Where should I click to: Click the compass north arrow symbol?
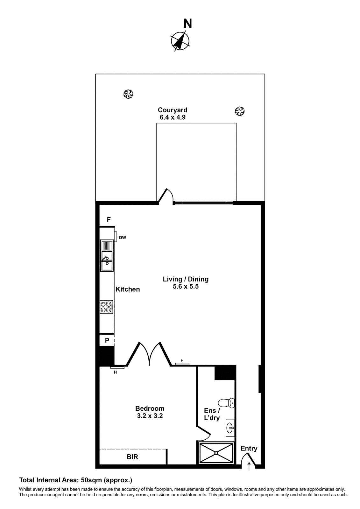pos(180,41)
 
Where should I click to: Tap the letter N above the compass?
pos(188,24)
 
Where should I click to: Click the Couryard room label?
pos(173,110)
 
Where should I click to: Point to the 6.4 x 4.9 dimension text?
pos(173,117)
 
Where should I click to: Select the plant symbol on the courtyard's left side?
pos(128,94)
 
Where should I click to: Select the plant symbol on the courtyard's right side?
pos(240,111)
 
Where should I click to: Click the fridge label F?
pos(109,220)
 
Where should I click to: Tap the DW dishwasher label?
pos(123,238)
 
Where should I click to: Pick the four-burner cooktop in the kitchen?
pos(107,307)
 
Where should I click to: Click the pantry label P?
pos(107,340)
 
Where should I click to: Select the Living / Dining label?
pos(186,279)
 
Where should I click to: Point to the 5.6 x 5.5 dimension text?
pos(186,287)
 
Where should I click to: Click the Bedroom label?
pos(150,408)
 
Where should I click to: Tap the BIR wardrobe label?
pos(132,457)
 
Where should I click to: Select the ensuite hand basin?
pos(230,428)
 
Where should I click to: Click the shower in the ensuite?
pos(216,453)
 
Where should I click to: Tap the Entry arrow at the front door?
pos(249,466)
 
